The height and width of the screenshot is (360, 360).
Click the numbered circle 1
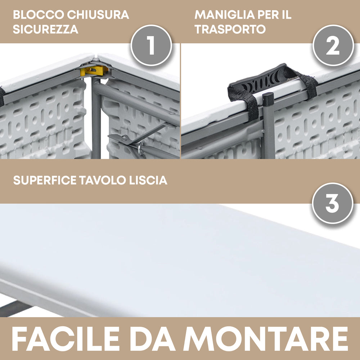pos(151,45)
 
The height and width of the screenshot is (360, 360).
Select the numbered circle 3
pos(332,203)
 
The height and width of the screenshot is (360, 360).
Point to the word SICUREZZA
pos(45,30)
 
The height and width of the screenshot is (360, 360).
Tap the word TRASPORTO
pos(230,30)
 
